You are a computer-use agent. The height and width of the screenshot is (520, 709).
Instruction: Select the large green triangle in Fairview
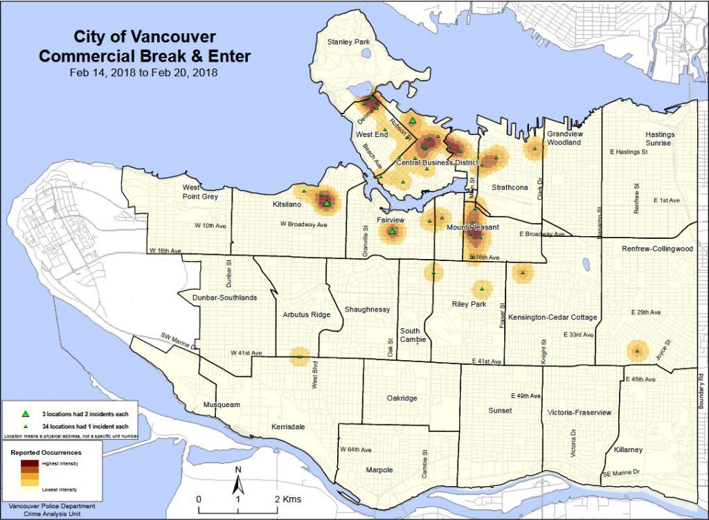tap(393, 232)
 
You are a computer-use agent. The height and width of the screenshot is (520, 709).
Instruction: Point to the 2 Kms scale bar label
tap(287, 499)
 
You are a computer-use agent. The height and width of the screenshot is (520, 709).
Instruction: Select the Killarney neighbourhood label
tap(628, 449)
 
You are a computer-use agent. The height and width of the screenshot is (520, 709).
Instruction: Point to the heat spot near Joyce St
tap(637, 351)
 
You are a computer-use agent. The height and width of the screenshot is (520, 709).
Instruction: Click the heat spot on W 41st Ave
tap(300, 356)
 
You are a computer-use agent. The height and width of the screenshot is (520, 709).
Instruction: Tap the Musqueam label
tap(221, 404)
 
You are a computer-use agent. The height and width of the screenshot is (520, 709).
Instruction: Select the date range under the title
tap(144, 72)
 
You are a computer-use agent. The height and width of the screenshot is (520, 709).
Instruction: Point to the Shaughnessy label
tap(368, 310)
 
